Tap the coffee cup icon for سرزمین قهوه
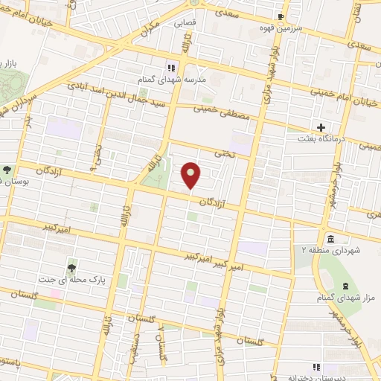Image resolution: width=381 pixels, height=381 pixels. point(281,17)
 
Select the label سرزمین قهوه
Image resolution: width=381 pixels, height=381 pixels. point(281,29)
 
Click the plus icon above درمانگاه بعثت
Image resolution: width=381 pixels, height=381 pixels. point(321,128)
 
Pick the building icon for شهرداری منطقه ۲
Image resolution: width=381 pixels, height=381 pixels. point(330,238)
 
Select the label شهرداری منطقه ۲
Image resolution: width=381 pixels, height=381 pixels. point(331,251)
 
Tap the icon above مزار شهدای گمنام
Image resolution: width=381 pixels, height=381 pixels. point(345,286)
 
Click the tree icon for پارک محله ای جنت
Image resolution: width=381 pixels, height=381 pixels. point(71,268)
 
